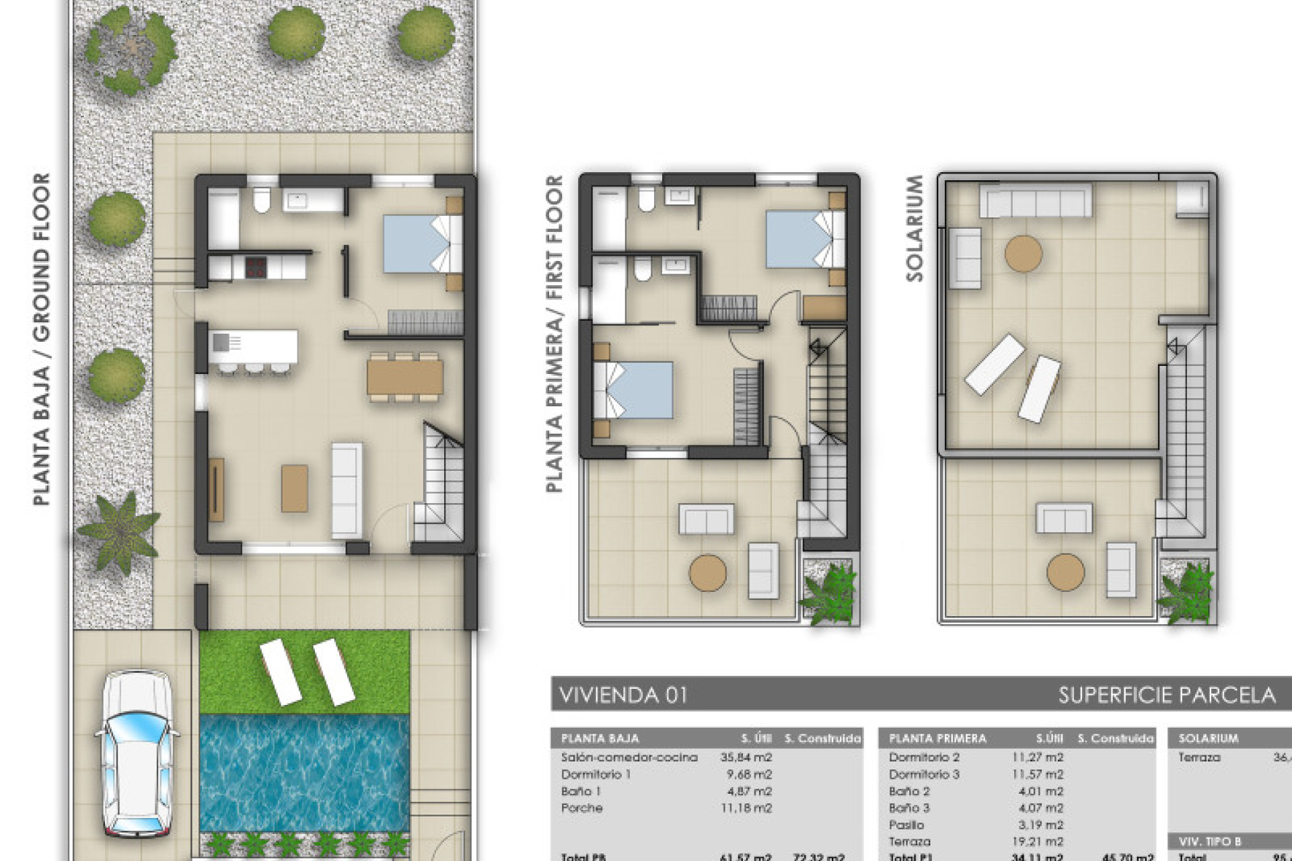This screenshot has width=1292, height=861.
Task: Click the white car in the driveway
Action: pos(137,753)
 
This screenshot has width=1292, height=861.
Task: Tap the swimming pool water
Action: pos(304,774)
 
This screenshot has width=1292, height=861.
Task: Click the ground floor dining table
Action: pos(405,377)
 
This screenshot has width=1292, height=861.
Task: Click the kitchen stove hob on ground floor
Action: pos(255,268)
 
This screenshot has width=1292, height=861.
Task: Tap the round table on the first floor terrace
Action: pos(708,573)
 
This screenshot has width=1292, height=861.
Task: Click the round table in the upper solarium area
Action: pos(1023,254)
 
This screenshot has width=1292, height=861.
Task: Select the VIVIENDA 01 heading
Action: pos(623,695)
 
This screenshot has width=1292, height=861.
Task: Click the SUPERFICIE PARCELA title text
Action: pos(1166,695)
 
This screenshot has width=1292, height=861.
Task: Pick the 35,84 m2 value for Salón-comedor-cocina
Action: pos(746,757)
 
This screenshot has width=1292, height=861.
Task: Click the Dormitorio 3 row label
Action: pos(924,774)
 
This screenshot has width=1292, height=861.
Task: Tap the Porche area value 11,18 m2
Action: pos(746,808)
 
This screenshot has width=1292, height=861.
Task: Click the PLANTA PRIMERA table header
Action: pos(937,738)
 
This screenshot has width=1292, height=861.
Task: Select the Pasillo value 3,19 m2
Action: pos(1040,825)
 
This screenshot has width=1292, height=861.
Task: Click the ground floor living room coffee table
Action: pos(294,488)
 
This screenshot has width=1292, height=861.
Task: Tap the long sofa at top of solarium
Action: pos(1035,200)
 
